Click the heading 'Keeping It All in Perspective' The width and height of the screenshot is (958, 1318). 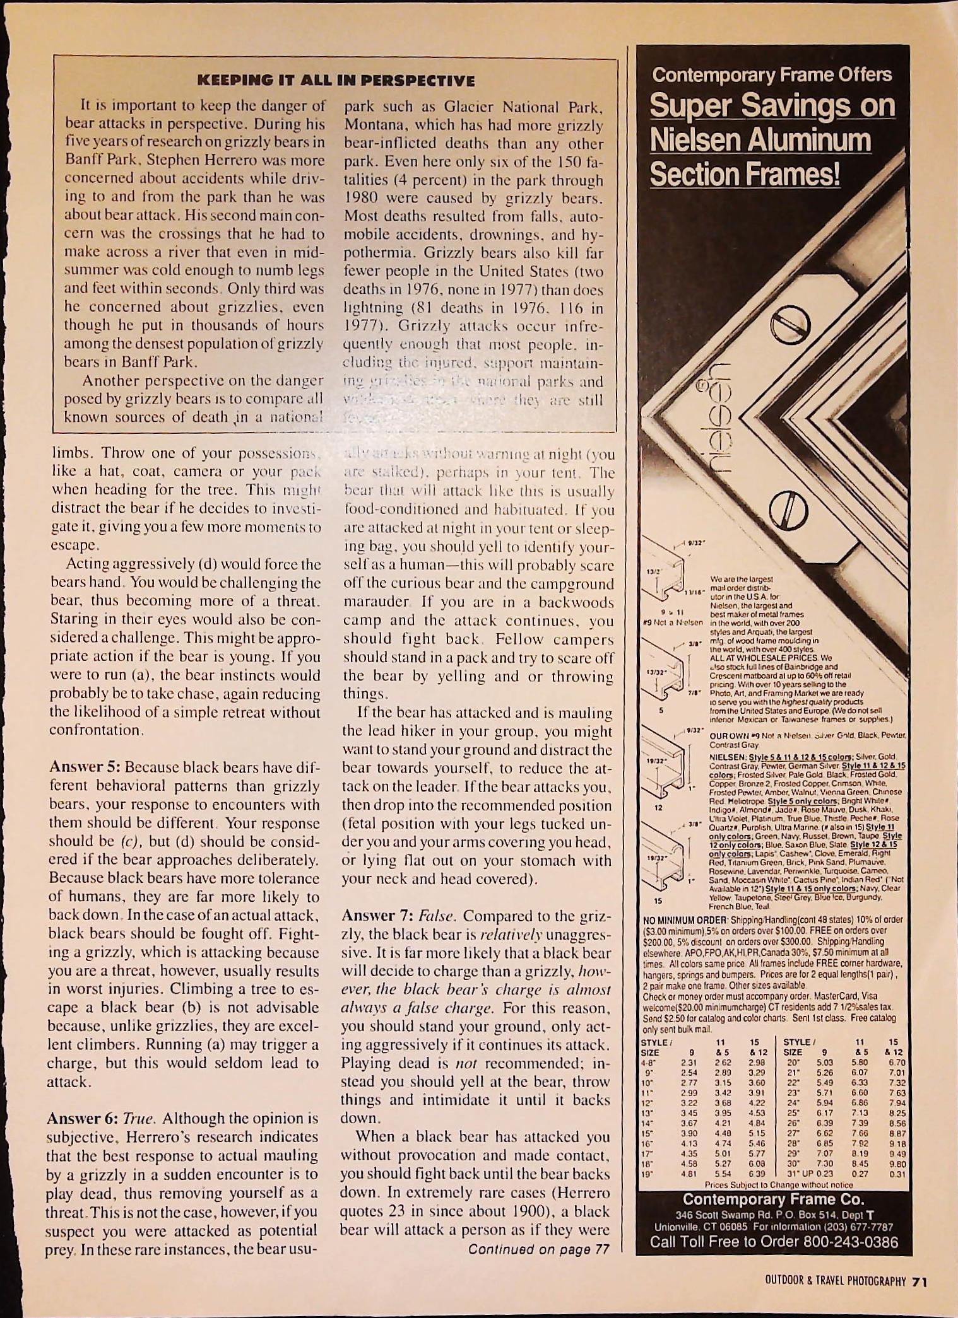click(335, 81)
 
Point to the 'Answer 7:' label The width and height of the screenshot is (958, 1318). click(377, 916)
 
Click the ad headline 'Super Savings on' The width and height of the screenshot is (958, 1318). click(772, 106)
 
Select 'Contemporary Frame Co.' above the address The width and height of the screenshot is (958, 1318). click(773, 1199)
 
